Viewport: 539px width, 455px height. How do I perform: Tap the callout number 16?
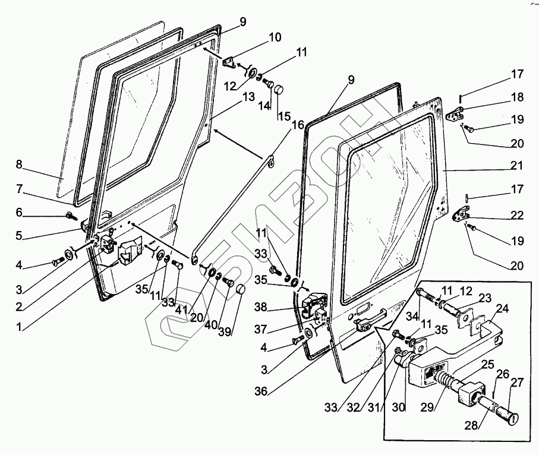pos(297,125)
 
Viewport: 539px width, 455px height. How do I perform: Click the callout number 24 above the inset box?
pos(503,308)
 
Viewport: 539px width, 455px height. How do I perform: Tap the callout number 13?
pos(248,97)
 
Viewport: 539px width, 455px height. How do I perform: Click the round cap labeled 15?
pos(279,91)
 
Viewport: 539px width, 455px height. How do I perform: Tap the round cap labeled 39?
pos(241,289)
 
